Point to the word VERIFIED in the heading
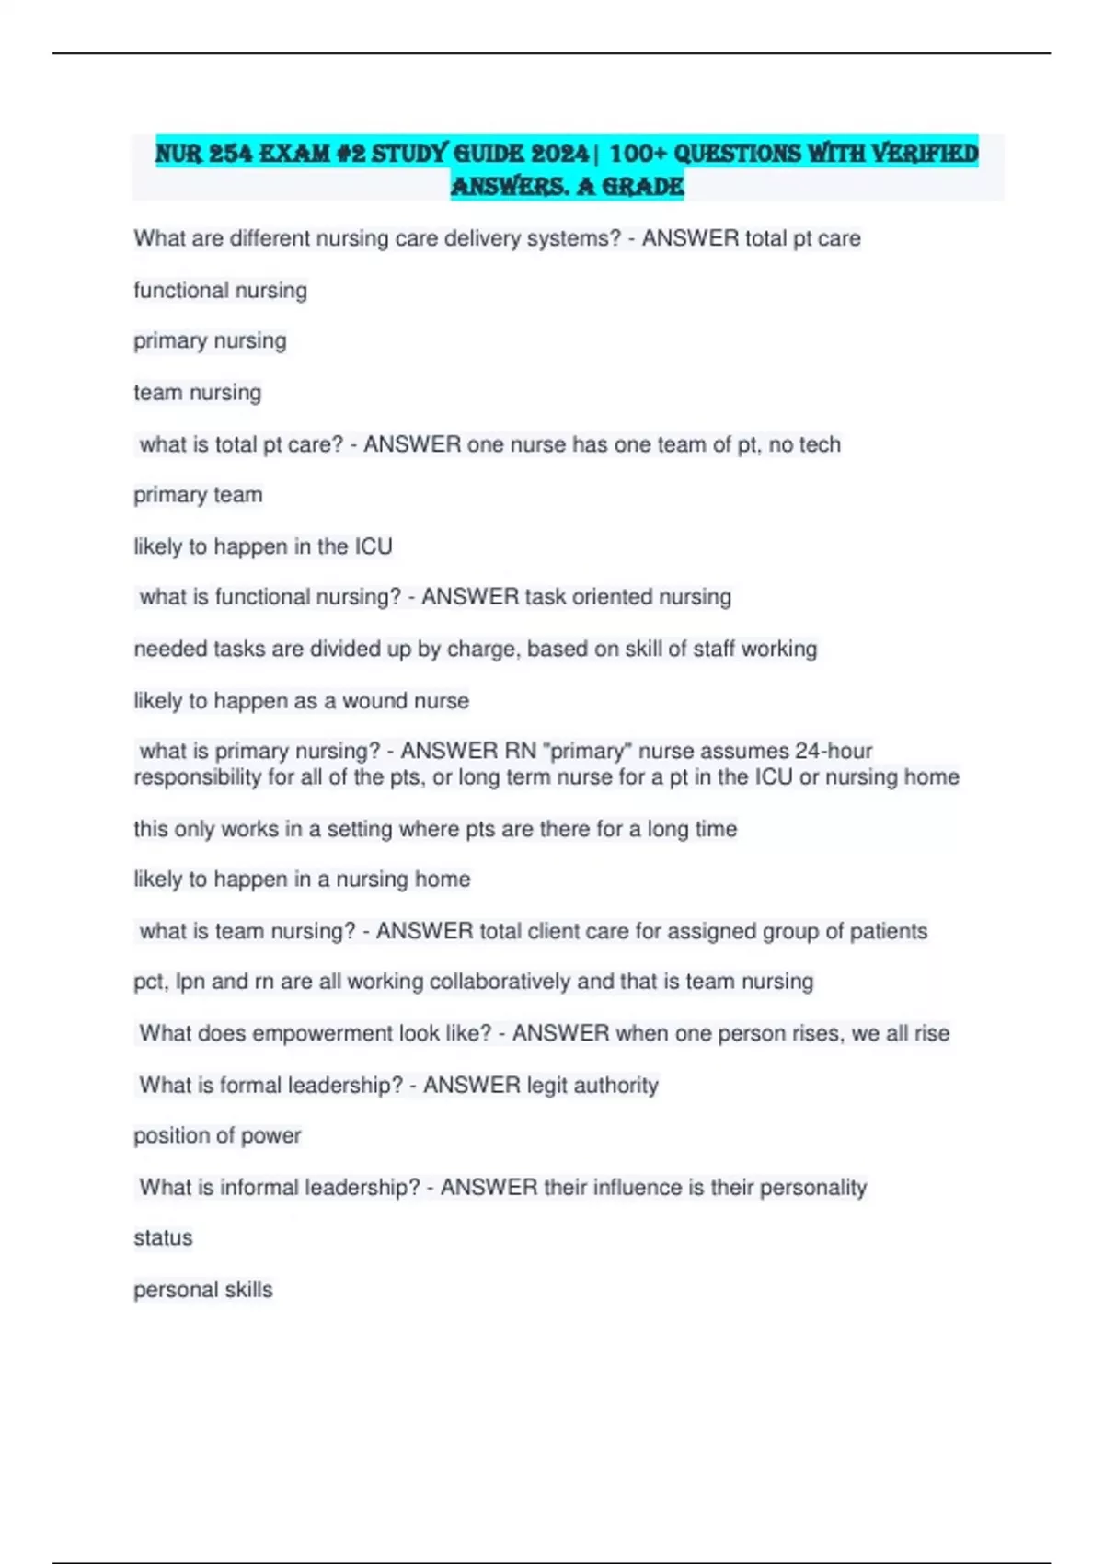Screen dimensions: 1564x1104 tap(925, 153)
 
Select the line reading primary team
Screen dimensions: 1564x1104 tap(198, 495)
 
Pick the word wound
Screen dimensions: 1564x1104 tap(374, 700)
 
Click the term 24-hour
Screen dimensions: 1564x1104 tap(834, 751)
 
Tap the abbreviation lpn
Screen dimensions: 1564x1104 tap(190, 982)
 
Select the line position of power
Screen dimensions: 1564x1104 tap(217, 1135)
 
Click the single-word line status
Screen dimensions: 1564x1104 tap(163, 1237)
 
